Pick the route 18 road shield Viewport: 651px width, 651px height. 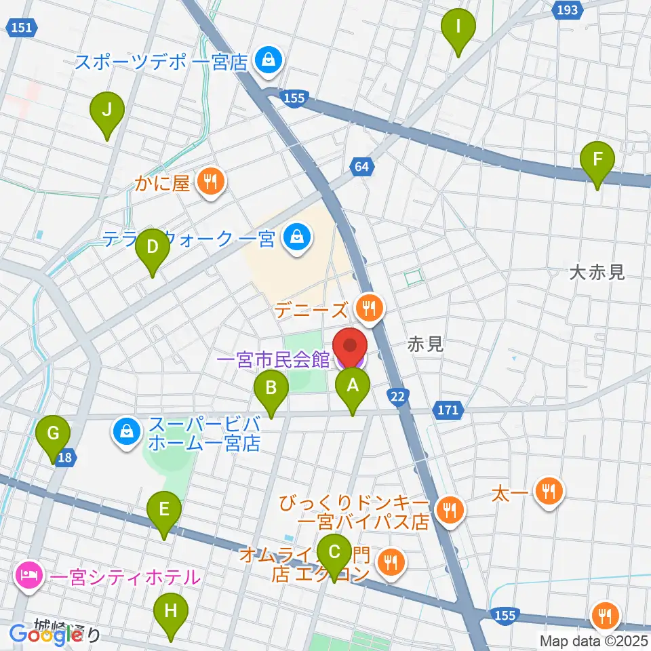65,458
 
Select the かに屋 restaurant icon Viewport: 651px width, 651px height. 211,181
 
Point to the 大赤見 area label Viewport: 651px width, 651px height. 596,273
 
